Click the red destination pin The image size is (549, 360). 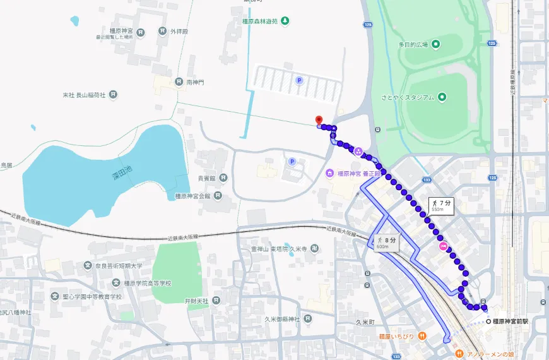319,120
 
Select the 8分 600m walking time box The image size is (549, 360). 386,242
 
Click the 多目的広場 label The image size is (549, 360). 413,44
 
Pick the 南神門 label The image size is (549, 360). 195,82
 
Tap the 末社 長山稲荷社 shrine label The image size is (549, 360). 85,95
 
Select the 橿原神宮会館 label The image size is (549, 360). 192,196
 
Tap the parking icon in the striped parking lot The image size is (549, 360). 299,80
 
